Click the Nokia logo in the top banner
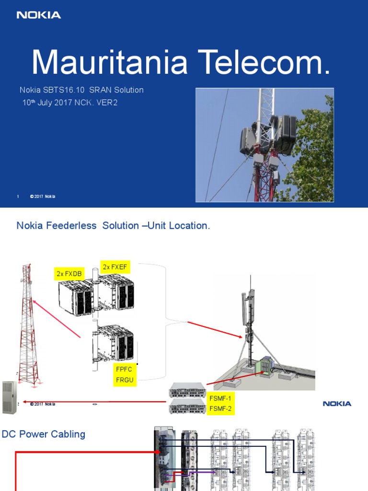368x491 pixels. tap(39, 15)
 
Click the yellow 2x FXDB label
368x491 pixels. tap(70, 274)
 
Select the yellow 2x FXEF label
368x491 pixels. tap(115, 267)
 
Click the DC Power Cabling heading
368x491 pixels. tap(44, 434)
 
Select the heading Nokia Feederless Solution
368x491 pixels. tap(113, 225)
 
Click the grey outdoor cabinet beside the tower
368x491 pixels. tap(9, 397)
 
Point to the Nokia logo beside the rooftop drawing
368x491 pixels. tap(337, 404)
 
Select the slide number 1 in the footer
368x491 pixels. tap(18, 197)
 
